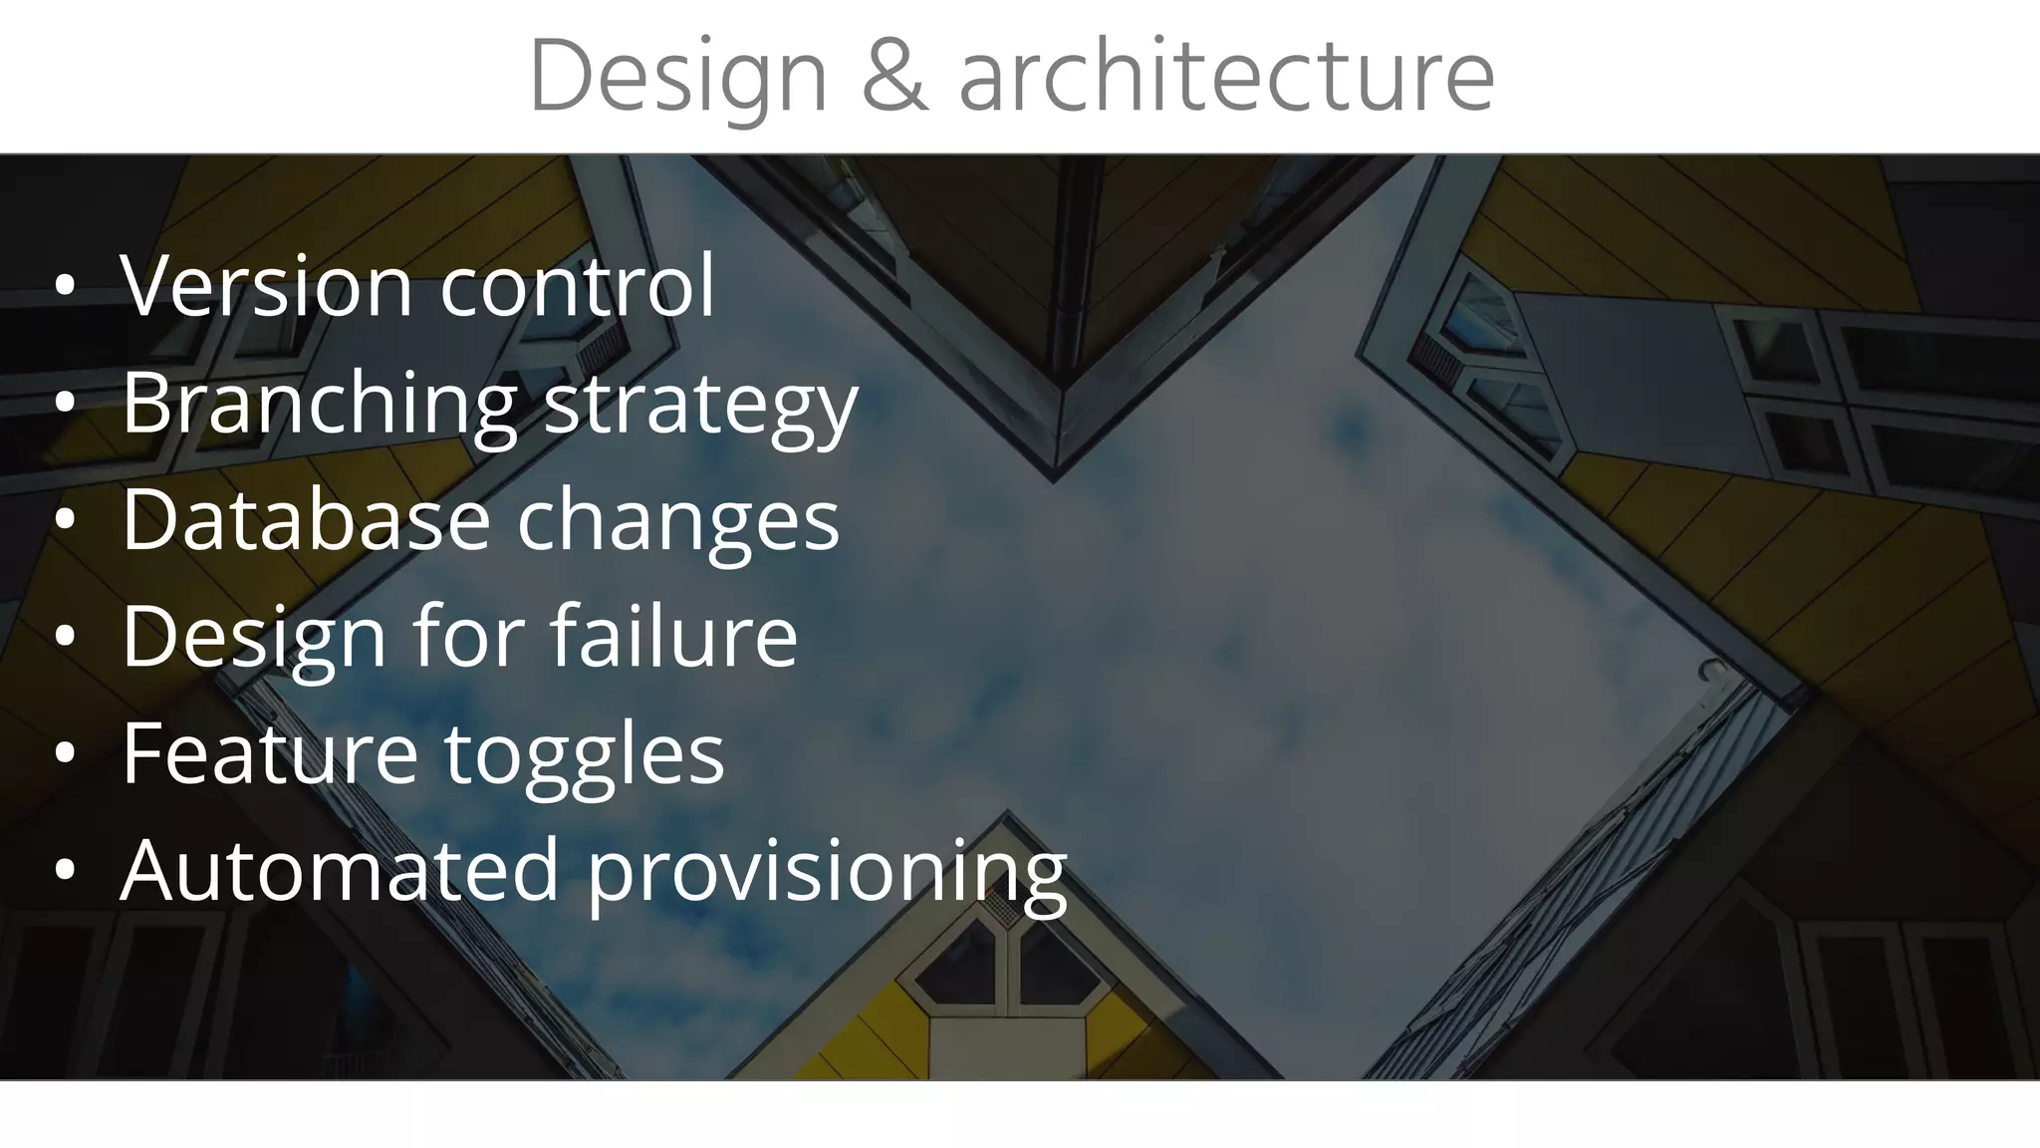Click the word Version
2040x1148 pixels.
coord(266,286)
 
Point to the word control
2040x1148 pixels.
coord(577,286)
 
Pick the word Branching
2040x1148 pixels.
coord(319,403)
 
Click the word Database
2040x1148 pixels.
coord(306,519)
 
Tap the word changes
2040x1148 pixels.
coord(677,521)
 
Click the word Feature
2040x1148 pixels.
coord(270,752)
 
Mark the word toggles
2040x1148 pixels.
coord(584,754)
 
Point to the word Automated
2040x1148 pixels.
coord(339,869)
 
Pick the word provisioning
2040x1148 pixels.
coord(826,871)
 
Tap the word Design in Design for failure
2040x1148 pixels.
coord(254,638)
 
